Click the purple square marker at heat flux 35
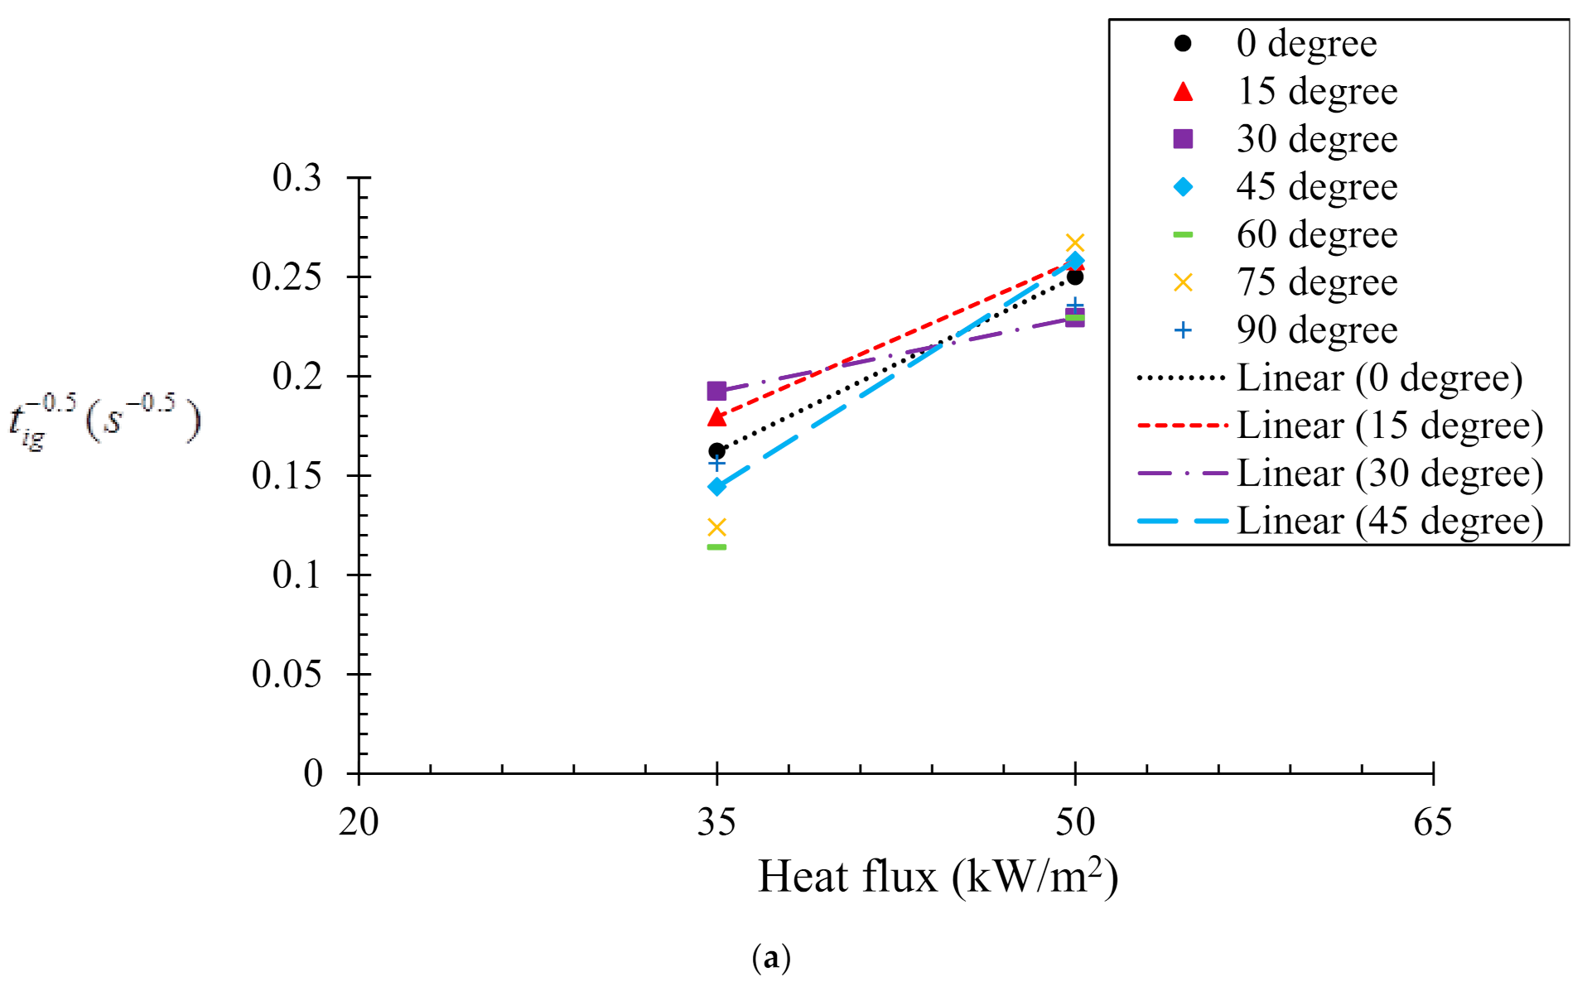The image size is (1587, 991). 716,391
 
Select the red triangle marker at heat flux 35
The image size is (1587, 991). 716,417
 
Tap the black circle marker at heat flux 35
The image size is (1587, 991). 716,450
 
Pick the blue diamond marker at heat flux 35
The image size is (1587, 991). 716,486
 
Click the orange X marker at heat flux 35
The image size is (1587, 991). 716,527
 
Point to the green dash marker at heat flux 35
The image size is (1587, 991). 716,546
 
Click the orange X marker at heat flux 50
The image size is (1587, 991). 1074,243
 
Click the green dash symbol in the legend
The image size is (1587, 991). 1183,235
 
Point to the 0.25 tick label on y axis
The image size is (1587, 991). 287,277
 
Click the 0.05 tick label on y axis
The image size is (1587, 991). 287,674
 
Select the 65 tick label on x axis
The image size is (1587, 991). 1432,822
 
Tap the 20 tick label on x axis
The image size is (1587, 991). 359,822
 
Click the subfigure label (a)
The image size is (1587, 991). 771,958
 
